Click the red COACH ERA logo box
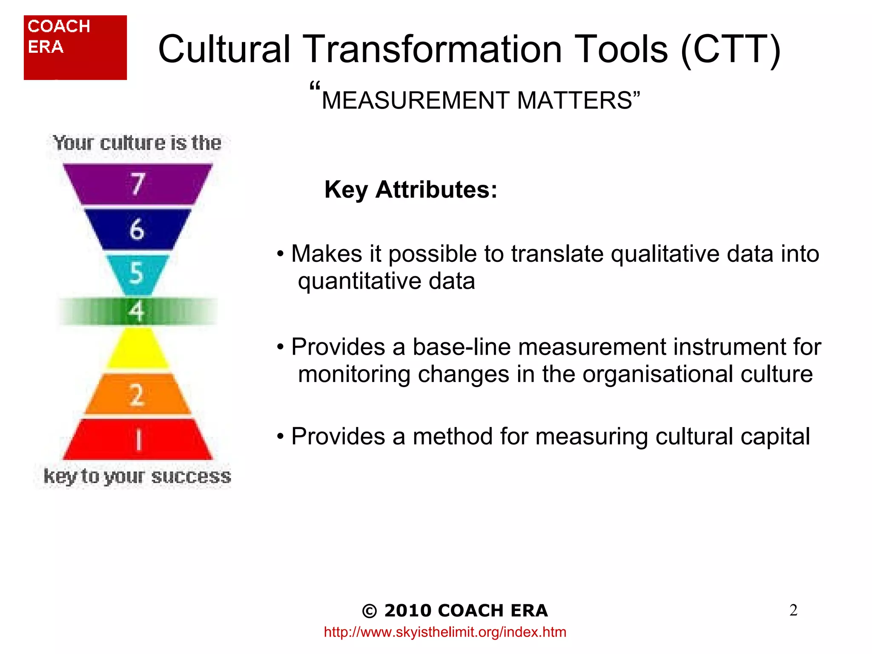point(75,48)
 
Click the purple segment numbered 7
point(137,184)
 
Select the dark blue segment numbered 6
point(137,229)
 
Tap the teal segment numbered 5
point(137,273)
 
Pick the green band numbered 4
point(137,311)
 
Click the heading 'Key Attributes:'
point(410,189)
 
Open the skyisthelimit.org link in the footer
point(445,632)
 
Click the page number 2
point(793,610)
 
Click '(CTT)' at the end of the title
point(731,49)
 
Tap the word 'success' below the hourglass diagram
point(191,476)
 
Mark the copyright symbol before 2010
point(369,611)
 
